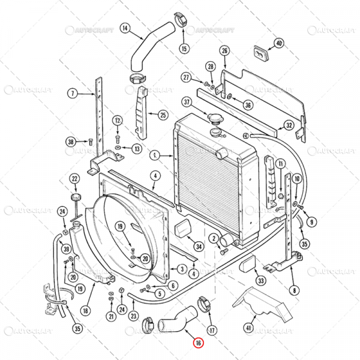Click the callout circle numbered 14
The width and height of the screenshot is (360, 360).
(125, 28)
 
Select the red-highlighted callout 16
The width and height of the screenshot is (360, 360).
(197, 343)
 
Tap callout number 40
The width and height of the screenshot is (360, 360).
(279, 43)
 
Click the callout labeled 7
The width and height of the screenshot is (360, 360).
(73, 93)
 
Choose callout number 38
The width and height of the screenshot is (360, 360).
(71, 142)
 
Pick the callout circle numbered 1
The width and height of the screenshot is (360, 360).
(155, 155)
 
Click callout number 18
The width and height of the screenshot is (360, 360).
(85, 310)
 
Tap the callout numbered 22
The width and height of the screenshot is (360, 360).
(75, 179)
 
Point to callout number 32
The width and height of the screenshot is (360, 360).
(289, 125)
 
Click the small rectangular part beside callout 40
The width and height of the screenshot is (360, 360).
(259, 53)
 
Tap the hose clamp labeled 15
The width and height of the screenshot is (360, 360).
(184, 21)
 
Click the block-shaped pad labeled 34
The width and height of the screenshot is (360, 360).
(183, 227)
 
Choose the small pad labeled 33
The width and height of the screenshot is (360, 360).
(248, 263)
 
